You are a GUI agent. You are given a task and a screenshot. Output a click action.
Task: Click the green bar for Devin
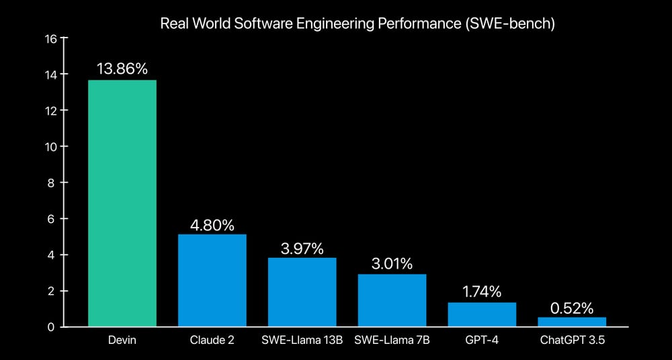click(122, 204)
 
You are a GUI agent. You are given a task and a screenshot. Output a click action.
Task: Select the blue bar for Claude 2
click(212, 281)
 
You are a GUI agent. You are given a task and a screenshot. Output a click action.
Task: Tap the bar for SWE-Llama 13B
click(302, 292)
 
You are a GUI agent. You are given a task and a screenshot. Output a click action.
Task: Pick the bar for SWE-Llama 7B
click(392, 300)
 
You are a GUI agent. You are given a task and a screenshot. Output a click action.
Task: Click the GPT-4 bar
click(482, 314)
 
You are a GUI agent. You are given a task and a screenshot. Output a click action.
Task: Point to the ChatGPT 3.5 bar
click(572, 322)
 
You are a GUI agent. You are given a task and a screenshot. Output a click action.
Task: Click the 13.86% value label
click(122, 69)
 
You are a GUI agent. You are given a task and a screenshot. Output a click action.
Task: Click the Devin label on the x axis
click(122, 341)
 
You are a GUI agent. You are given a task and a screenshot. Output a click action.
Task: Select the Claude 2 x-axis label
click(212, 341)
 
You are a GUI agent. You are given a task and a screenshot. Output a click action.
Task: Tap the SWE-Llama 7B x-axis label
click(392, 341)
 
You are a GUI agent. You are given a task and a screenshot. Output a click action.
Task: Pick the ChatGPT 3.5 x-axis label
click(573, 341)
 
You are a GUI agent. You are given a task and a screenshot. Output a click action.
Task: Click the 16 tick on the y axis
click(51, 38)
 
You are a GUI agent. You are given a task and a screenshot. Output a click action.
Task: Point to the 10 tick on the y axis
click(51, 146)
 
